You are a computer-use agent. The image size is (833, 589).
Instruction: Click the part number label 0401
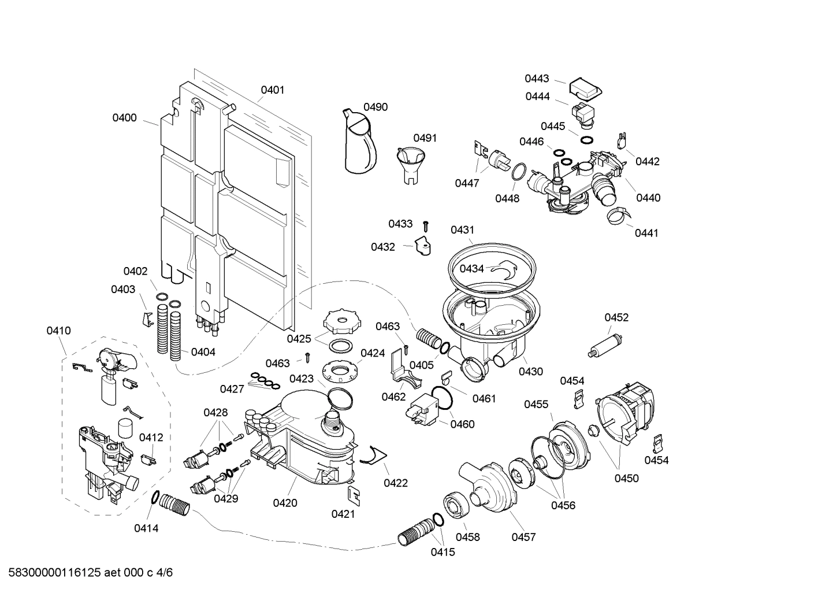[272, 90]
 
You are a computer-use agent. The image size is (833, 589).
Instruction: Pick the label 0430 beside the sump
[530, 372]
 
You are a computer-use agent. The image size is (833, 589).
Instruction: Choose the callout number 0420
[285, 503]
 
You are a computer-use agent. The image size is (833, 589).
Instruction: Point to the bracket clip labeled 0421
[353, 495]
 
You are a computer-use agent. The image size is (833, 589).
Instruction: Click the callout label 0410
[58, 331]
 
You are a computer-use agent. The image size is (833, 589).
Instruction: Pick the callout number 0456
[563, 505]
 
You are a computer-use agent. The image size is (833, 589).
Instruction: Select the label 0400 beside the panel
[124, 118]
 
